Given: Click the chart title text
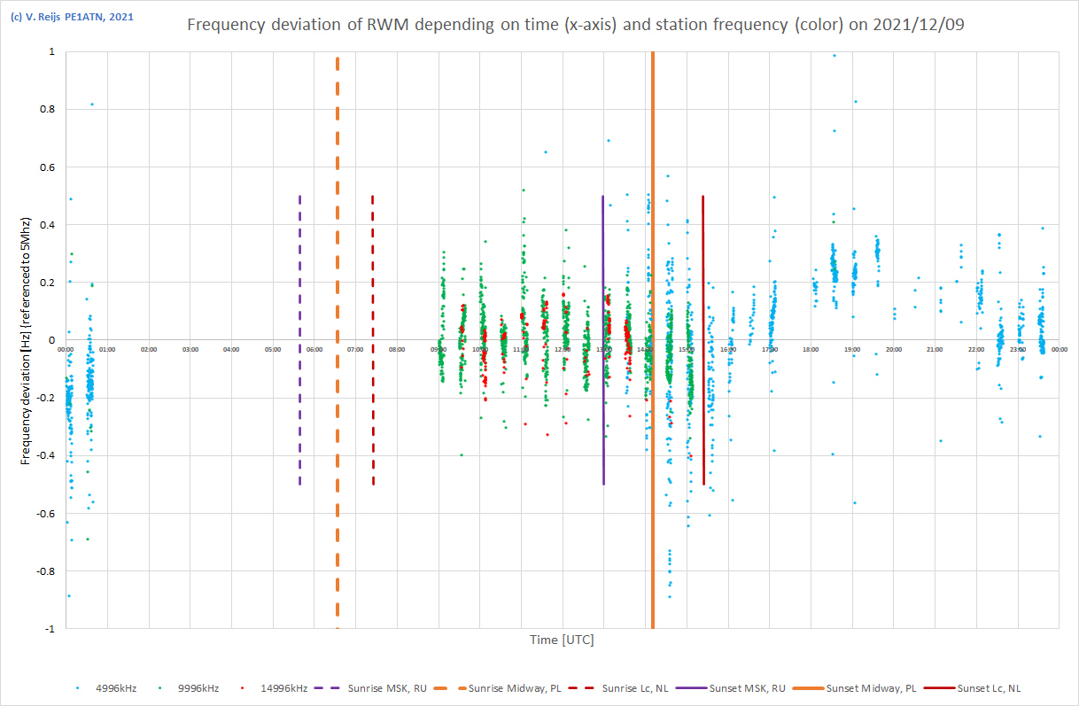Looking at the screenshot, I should point(576,25).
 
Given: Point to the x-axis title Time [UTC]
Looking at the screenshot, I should point(562,640).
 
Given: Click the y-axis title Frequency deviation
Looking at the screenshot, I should point(27,340).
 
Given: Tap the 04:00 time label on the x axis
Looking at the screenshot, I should point(231,350).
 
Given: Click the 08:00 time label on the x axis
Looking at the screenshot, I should point(397,350).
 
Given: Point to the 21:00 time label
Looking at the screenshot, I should point(935,350).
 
